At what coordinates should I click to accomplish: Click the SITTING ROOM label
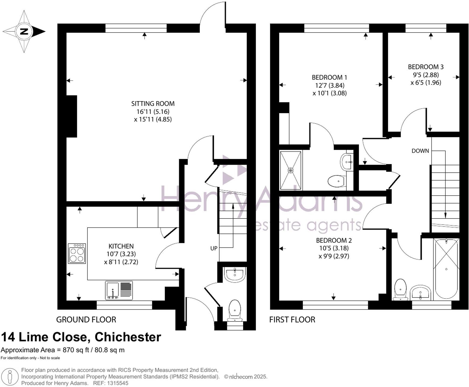(x=153, y=104)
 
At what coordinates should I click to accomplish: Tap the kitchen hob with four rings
(x=77, y=253)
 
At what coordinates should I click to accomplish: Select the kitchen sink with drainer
(x=119, y=290)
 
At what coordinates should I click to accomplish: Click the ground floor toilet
(x=234, y=311)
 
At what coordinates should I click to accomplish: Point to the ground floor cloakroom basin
(x=235, y=274)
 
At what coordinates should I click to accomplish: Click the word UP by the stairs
(x=214, y=248)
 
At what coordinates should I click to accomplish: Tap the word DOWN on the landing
(x=420, y=151)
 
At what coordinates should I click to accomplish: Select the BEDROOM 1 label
(x=329, y=78)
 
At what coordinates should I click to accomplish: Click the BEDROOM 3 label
(x=426, y=67)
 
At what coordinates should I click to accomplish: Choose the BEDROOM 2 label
(x=334, y=240)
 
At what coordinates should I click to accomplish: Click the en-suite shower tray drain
(x=290, y=170)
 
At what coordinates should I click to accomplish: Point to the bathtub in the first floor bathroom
(x=446, y=269)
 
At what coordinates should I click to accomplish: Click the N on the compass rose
(x=24, y=31)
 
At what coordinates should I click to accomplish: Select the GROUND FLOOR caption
(x=86, y=320)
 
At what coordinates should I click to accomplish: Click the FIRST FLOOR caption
(x=292, y=320)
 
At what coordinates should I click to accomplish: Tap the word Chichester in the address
(x=128, y=337)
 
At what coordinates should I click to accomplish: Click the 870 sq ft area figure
(x=76, y=350)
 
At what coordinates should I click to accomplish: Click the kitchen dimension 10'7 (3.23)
(x=121, y=254)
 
